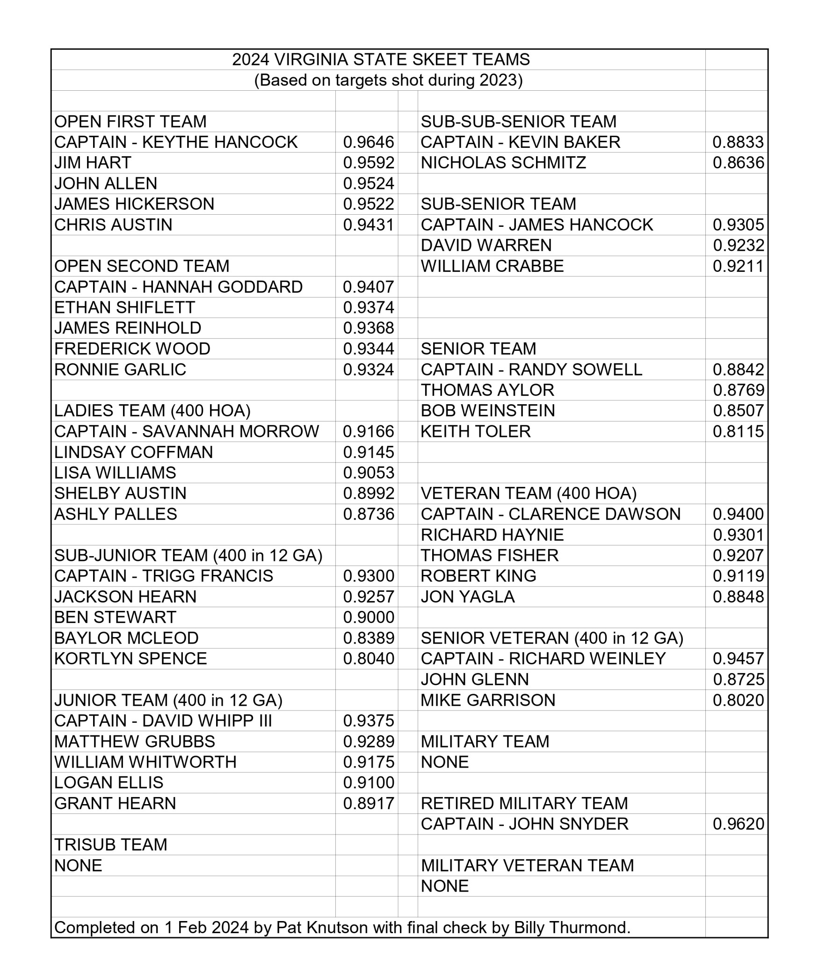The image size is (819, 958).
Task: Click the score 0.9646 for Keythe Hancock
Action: tap(369, 142)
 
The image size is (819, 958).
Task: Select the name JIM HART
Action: tap(93, 163)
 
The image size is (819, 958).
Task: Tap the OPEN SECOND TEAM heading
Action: tap(142, 266)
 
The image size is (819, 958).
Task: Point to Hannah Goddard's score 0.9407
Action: tap(369, 287)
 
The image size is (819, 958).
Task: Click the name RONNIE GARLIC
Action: tap(120, 370)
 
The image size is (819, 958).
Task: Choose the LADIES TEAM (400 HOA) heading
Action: tap(152, 411)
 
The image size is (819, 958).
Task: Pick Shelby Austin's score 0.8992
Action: tap(369, 494)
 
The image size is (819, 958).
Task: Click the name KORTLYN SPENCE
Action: tap(130, 659)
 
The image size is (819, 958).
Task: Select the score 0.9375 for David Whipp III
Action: tap(369, 721)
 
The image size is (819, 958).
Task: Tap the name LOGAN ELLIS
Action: tap(109, 783)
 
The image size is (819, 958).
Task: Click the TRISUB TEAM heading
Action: tap(111, 845)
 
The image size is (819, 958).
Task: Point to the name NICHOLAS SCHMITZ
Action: tap(503, 163)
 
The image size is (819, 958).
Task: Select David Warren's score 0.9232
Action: tap(738, 246)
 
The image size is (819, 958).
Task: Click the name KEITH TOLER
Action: tap(476, 431)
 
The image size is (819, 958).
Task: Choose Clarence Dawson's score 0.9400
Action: tap(738, 514)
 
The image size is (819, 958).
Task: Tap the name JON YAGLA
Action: tap(468, 597)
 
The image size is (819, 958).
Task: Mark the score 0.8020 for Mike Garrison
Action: tap(738, 700)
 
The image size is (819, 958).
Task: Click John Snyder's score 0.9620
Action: tap(738, 824)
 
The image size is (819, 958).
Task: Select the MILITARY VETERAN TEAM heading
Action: tap(527, 865)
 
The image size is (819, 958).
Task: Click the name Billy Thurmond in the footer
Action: tap(572, 928)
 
